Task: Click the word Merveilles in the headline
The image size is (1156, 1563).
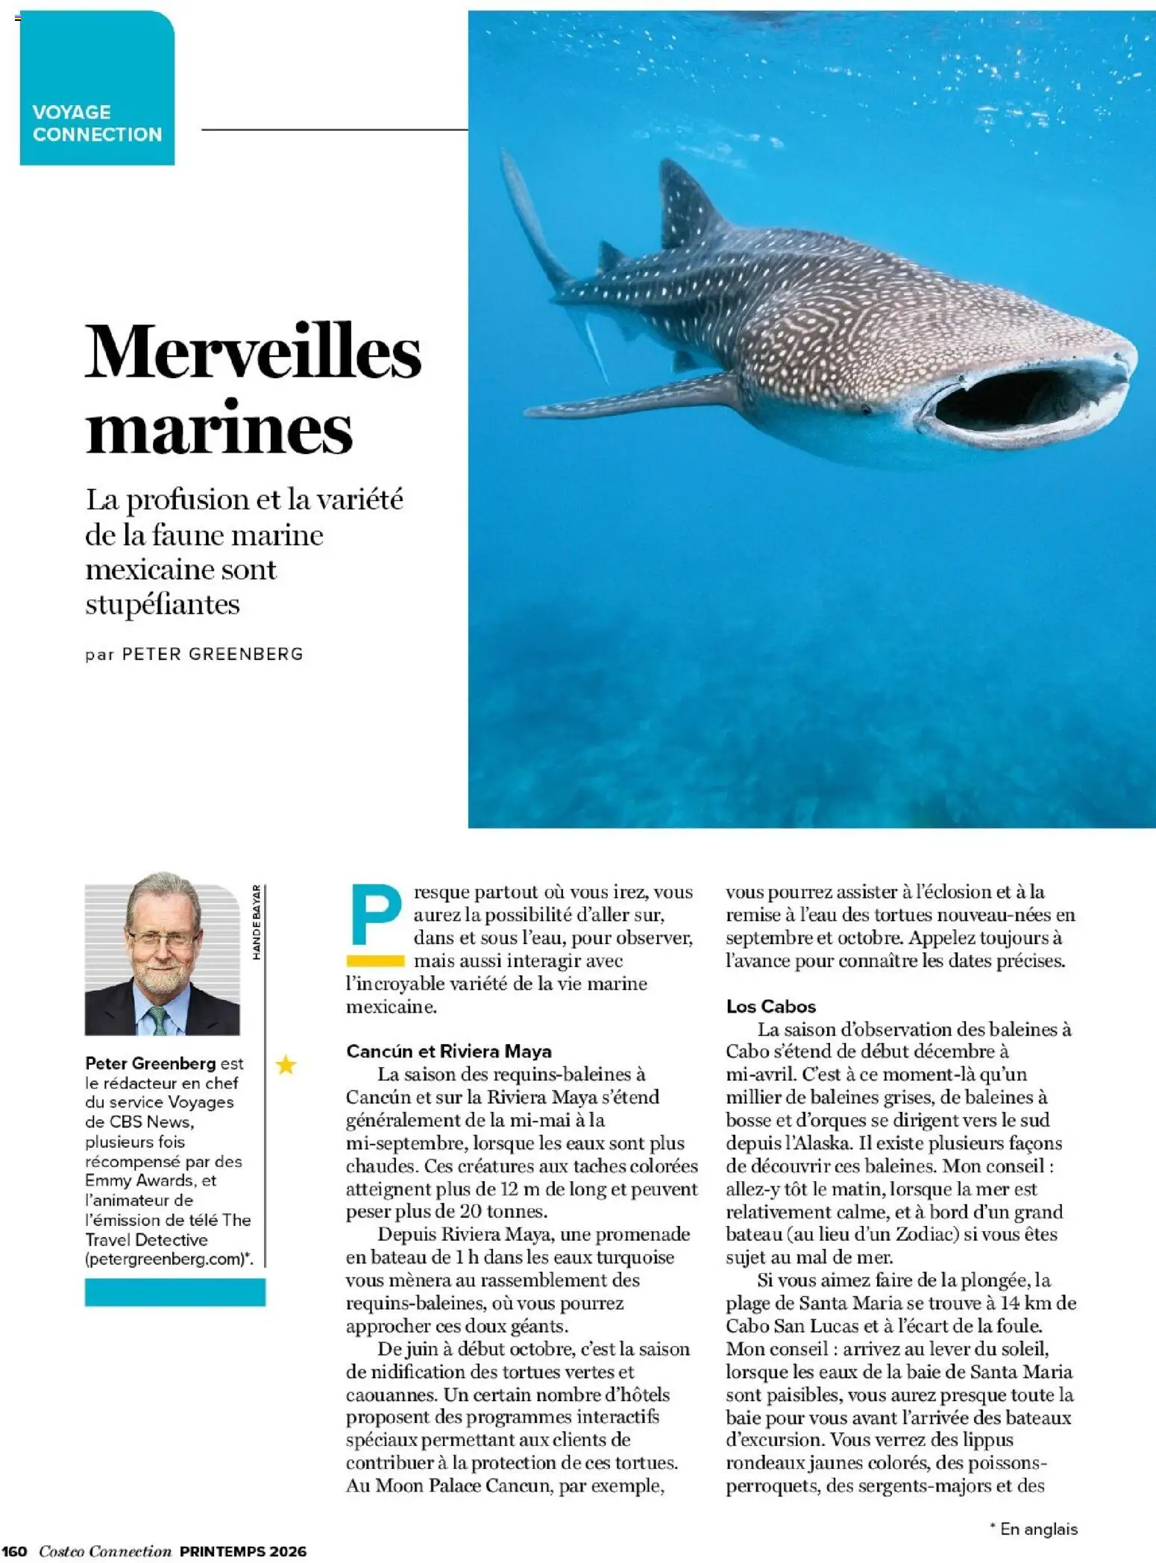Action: [x=253, y=352]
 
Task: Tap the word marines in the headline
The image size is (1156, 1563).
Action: [x=219, y=429]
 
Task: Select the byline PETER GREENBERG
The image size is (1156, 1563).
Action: [x=213, y=655]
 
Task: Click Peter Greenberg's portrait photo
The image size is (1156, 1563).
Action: [x=162, y=959]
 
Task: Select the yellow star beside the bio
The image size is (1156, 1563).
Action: [x=286, y=1065]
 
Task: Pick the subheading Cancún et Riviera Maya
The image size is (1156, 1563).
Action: [x=449, y=1051]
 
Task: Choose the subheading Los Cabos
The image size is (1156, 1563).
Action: [x=771, y=1006]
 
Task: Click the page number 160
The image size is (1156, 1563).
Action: [x=15, y=1552]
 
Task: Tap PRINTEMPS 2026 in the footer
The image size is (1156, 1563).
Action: [x=243, y=1552]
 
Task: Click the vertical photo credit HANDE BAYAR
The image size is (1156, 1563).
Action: [x=257, y=922]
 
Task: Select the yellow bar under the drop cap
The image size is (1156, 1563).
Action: [x=375, y=960]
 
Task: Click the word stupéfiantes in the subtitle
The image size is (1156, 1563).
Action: [x=163, y=604]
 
